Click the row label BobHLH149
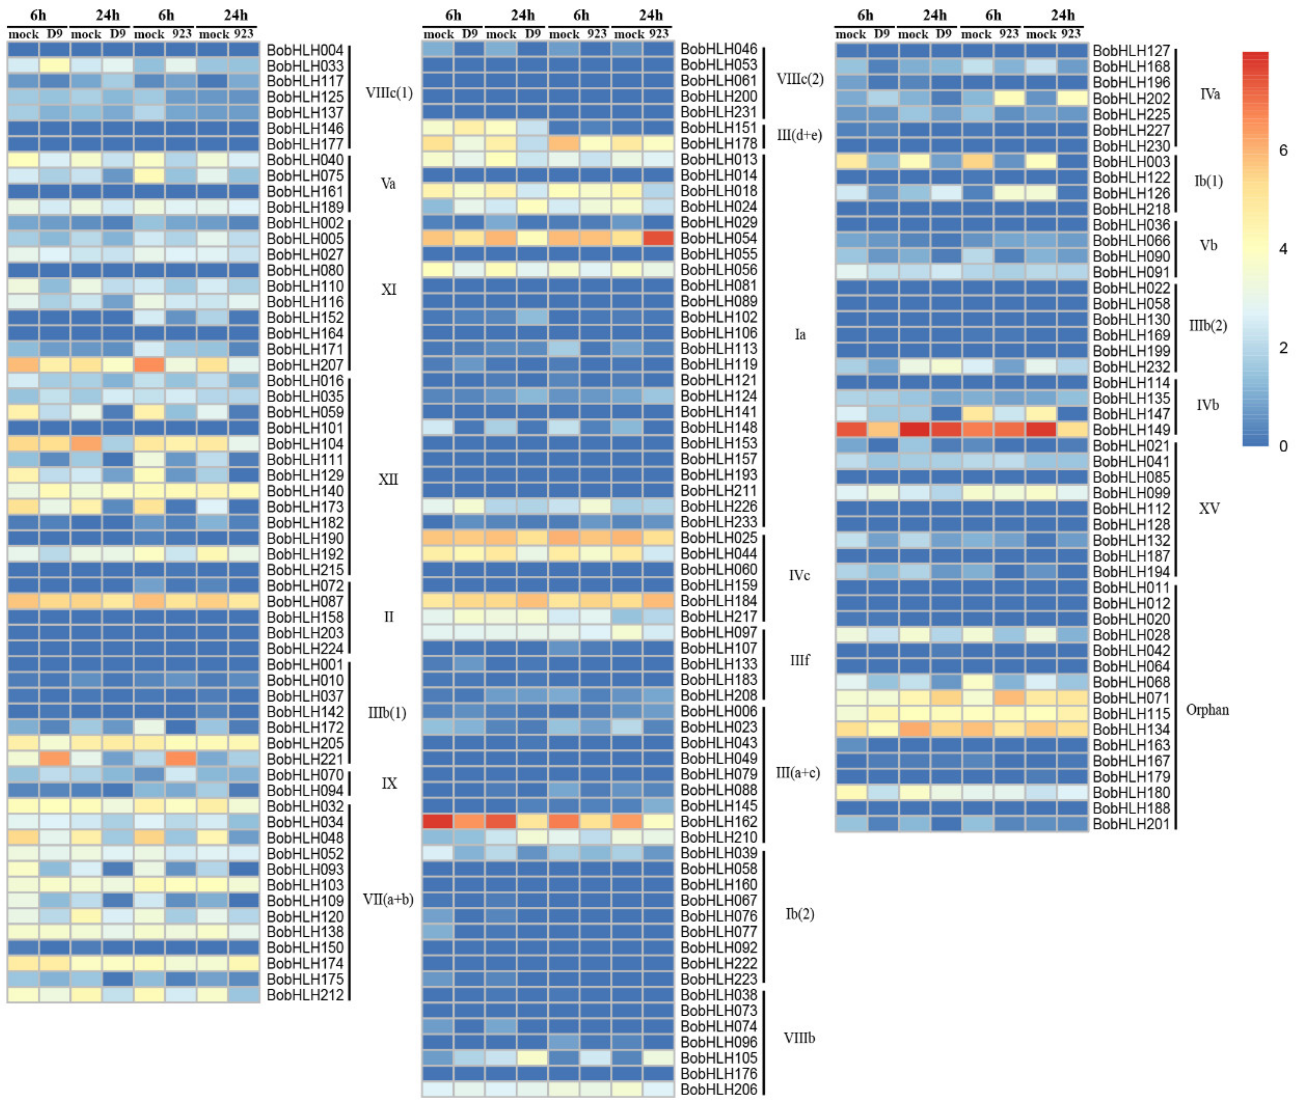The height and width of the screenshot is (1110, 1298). coord(1131,430)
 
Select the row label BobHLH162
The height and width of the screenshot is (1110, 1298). coord(719,821)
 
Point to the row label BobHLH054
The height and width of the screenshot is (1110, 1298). coord(719,238)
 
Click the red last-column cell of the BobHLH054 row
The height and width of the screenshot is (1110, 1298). coord(658,238)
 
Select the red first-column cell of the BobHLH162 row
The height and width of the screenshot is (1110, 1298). coord(437,821)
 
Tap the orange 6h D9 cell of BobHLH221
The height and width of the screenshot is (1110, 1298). coord(54,759)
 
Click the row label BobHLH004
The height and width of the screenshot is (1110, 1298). coord(305,50)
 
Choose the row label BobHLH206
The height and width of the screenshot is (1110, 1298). coord(719,1089)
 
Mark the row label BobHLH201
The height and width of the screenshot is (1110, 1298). coord(1131,824)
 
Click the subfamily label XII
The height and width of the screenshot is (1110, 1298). coord(388,479)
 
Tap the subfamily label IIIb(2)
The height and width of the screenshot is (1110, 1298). coord(1207,326)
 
